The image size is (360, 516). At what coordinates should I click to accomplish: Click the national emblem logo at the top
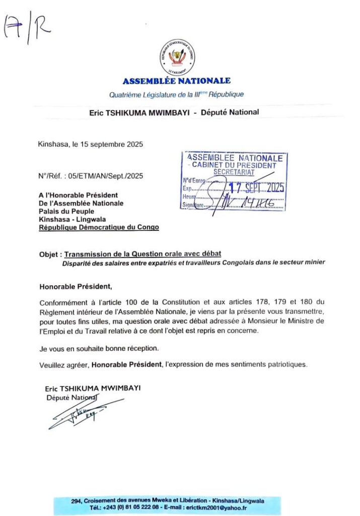click(x=176, y=56)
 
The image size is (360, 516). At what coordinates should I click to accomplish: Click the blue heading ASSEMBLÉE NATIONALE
click(x=177, y=81)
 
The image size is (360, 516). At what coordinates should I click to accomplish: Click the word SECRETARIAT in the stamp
click(x=234, y=172)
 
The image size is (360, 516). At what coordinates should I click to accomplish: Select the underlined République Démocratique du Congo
click(x=99, y=227)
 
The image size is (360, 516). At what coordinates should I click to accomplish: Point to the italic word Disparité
click(x=78, y=262)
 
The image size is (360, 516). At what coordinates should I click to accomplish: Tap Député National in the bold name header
click(x=230, y=112)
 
